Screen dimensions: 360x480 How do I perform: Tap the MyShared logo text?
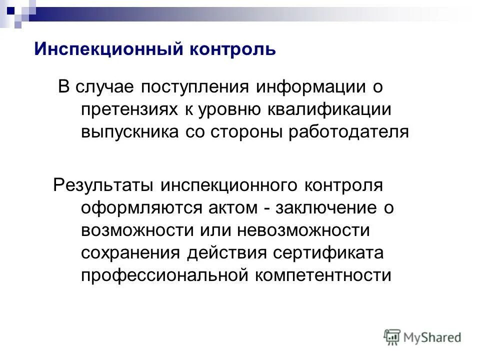pos(433,337)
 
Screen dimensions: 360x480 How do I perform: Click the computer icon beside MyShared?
pos(392,337)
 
